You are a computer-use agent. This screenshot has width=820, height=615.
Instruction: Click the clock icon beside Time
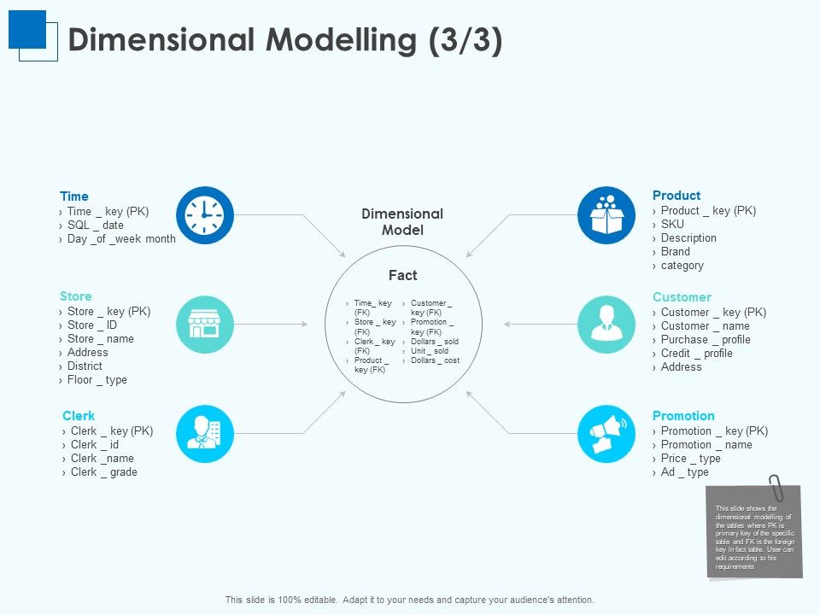point(204,214)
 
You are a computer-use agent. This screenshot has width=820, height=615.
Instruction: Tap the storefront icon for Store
point(204,325)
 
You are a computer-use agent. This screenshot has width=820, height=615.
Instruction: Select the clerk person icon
point(204,434)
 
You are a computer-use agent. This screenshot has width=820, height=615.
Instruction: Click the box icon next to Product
point(606,214)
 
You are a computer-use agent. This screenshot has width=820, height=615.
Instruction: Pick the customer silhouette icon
point(606,325)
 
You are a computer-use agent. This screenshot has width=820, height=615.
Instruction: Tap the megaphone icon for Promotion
point(606,434)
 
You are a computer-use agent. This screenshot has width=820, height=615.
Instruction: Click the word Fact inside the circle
point(402,275)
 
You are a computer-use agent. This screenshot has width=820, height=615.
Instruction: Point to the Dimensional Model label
point(402,221)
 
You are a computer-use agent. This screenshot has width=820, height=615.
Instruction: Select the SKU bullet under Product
point(672,225)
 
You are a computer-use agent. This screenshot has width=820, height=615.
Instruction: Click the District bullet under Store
point(85,366)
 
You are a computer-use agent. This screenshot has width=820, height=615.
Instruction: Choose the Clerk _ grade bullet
point(103,471)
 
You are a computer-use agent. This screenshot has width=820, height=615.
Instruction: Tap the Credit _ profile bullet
point(696,353)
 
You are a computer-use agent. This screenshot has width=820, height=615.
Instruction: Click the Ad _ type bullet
point(684,471)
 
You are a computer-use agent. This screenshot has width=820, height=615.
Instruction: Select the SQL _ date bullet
point(95,225)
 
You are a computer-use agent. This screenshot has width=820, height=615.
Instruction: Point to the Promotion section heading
point(683,416)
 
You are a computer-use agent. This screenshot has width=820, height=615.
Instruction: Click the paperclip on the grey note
point(776,488)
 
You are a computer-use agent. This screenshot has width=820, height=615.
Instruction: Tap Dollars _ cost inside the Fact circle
point(435,360)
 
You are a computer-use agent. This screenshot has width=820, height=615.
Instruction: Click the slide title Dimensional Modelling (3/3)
point(284,40)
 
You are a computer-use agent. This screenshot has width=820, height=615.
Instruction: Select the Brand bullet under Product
point(675,252)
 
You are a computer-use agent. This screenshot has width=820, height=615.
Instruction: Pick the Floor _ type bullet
point(97,379)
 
